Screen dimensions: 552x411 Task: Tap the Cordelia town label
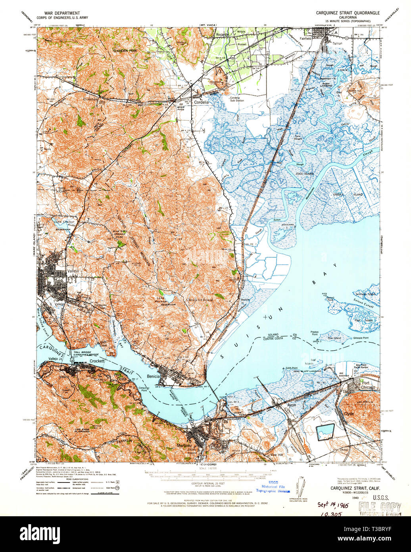[x=202, y=102]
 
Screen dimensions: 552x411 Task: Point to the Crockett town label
[x=96, y=361]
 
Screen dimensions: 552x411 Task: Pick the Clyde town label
[x=349, y=413]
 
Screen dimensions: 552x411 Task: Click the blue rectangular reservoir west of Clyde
[x=325, y=430]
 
